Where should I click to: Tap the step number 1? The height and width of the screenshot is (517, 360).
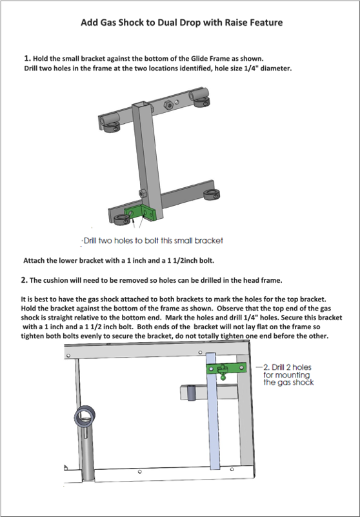(x=27, y=58)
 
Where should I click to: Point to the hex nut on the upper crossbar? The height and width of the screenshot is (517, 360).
(x=170, y=105)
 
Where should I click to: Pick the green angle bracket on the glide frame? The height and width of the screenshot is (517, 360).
(x=140, y=212)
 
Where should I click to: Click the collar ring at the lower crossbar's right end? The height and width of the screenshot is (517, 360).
(x=209, y=194)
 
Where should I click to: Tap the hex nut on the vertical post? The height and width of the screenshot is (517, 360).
(x=143, y=193)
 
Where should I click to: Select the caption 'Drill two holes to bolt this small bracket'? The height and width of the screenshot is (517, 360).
(x=154, y=241)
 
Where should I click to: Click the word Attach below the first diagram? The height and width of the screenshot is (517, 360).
(x=33, y=261)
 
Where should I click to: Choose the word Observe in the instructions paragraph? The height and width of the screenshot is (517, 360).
(x=230, y=309)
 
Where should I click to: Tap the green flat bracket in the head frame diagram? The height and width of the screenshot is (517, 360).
(x=226, y=368)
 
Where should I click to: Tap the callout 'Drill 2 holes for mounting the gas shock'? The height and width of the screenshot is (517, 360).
(x=287, y=375)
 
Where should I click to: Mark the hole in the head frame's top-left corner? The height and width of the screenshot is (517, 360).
(x=68, y=356)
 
